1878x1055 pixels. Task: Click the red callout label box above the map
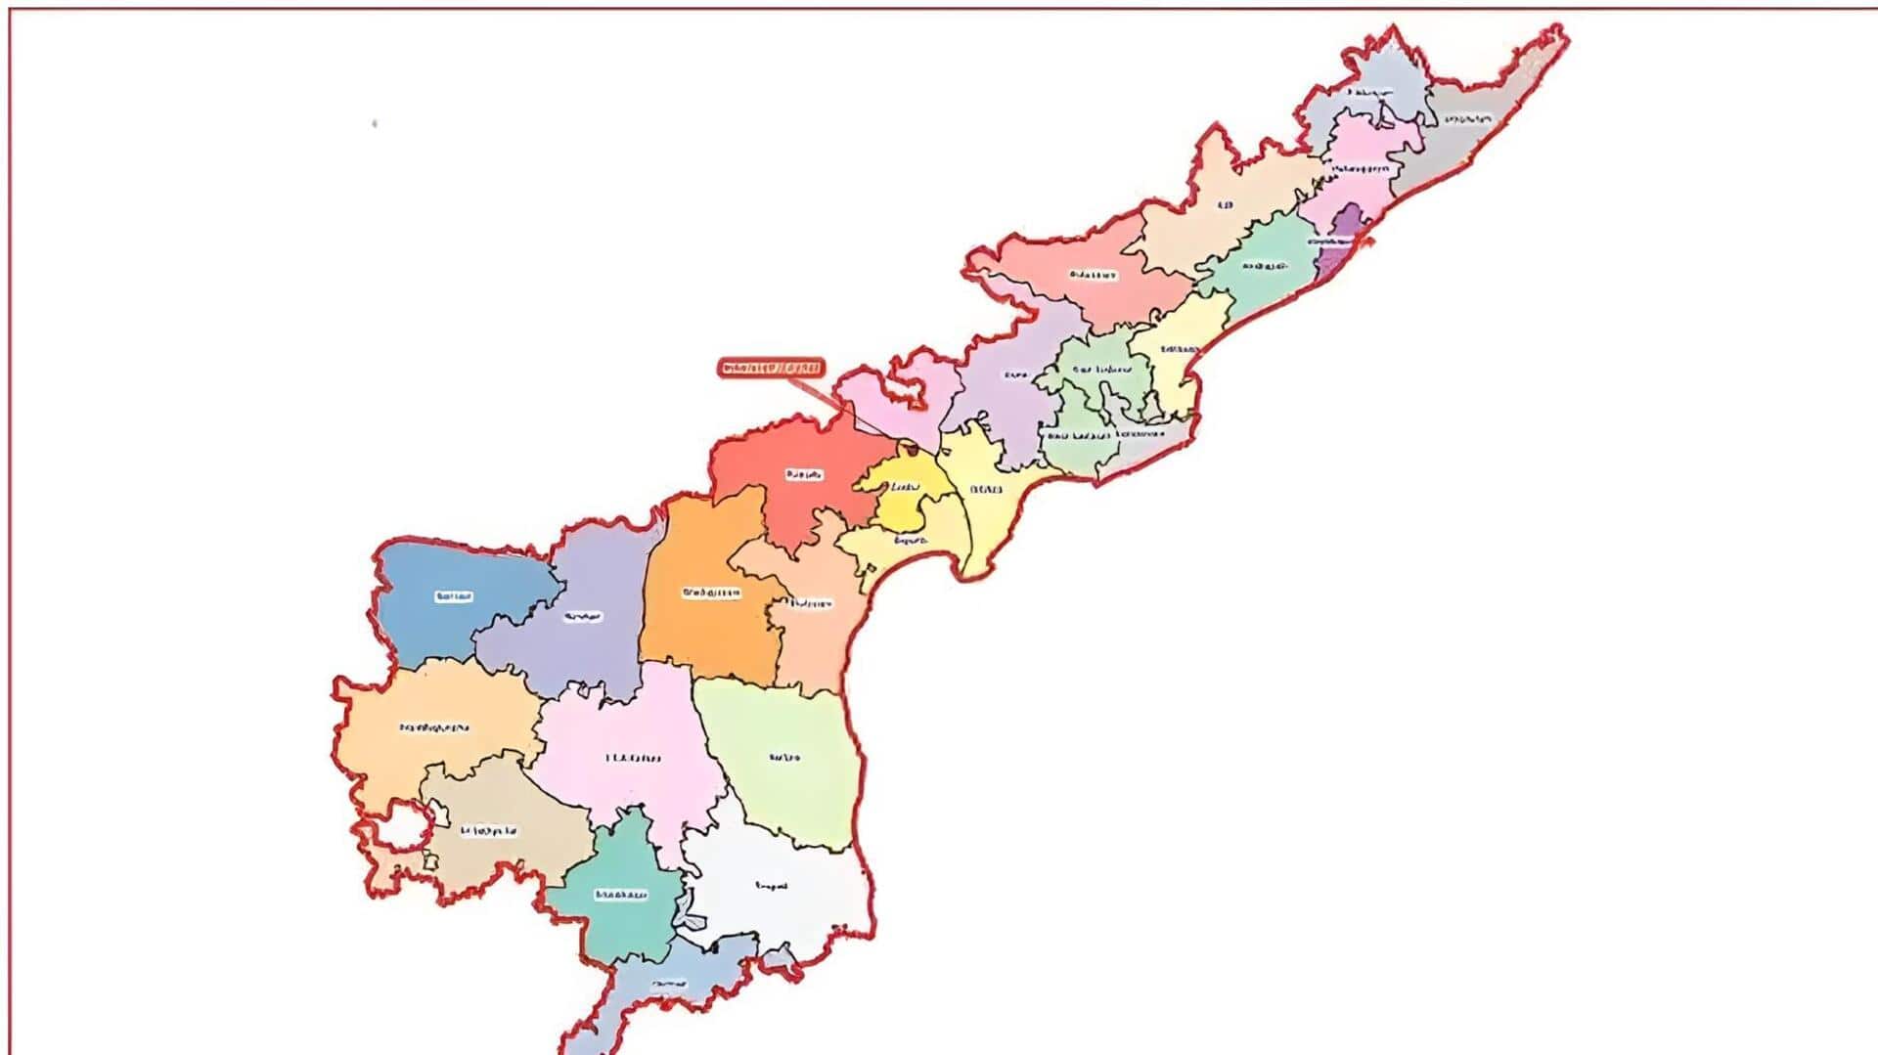[771, 369]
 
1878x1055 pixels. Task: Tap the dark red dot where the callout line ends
[908, 450]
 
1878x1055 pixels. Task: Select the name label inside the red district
[804, 475]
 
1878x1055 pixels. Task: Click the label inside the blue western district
[454, 596]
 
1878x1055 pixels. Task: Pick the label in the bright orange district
[712, 593]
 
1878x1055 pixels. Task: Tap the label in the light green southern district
[784, 757]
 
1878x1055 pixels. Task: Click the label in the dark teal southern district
[621, 895]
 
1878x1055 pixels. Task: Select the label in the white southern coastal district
[772, 887]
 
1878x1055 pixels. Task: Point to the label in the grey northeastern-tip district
[1467, 119]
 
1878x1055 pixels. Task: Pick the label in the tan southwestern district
[488, 831]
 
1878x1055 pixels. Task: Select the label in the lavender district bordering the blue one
[583, 617]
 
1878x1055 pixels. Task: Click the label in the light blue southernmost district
[670, 983]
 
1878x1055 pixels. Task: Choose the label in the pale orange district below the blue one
[434, 727]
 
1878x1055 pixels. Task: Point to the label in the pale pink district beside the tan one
[633, 758]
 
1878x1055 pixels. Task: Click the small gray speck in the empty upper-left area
[375, 124]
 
